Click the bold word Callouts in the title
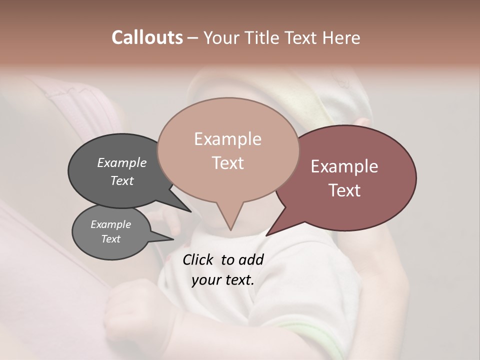(x=147, y=37)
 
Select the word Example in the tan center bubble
(x=227, y=139)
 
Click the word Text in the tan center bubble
(x=227, y=163)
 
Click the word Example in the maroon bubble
(x=344, y=166)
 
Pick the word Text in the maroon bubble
(x=344, y=190)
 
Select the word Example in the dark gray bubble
(x=121, y=162)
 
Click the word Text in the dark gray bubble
(x=121, y=180)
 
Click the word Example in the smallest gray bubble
(x=110, y=224)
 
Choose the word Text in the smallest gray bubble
(x=110, y=239)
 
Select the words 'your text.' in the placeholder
(x=223, y=280)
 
